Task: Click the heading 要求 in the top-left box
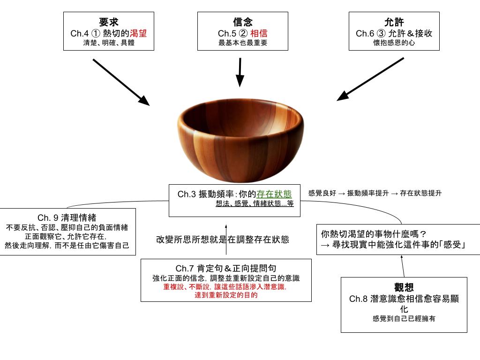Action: click(x=109, y=22)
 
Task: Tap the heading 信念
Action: click(x=242, y=22)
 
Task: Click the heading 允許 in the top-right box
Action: click(x=394, y=22)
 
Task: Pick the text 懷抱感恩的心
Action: click(x=394, y=43)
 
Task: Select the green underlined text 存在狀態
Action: click(x=274, y=194)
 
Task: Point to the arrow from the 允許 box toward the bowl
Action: click(x=370, y=79)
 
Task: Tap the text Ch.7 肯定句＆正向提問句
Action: click(x=226, y=269)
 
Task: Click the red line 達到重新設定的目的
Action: click(x=226, y=296)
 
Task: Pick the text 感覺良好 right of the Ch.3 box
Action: click(x=322, y=193)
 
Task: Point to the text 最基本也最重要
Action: click(x=242, y=43)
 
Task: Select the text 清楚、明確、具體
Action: click(x=109, y=43)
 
